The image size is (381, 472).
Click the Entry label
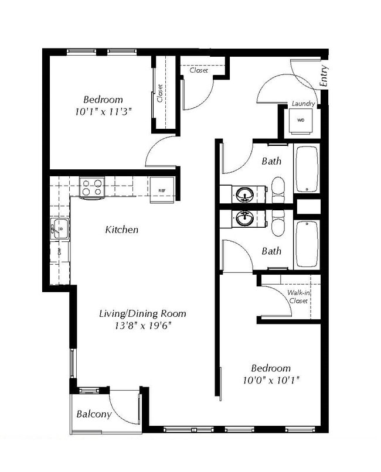click(x=325, y=76)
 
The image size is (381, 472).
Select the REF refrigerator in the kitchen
click(x=161, y=190)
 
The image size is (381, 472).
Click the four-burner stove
click(x=92, y=188)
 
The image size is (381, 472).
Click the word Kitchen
click(x=122, y=230)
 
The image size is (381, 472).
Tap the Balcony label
click(x=94, y=415)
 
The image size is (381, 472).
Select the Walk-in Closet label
click(x=298, y=297)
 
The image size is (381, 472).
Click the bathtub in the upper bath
click(x=307, y=169)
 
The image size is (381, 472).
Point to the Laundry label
click(x=304, y=104)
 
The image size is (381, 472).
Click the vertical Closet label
click(x=160, y=93)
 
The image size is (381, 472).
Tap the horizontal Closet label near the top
click(x=199, y=70)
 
